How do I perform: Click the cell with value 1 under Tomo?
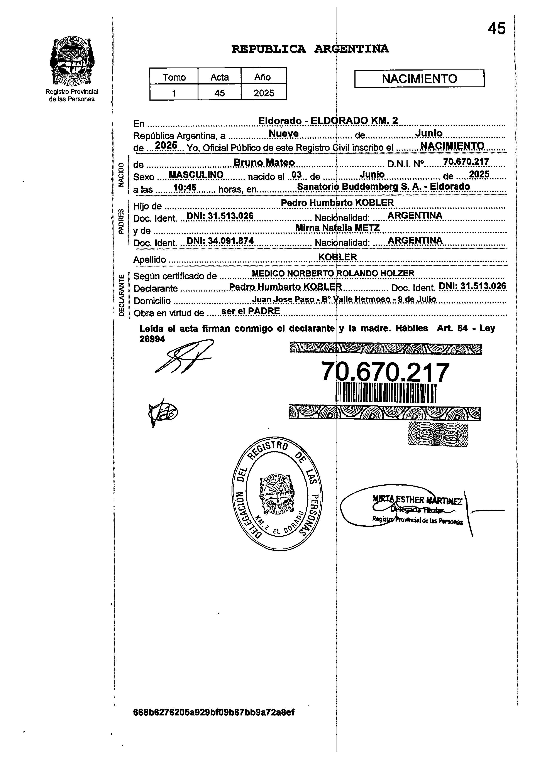click(174, 93)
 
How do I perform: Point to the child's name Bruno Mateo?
click(264, 162)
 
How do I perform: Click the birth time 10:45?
click(185, 187)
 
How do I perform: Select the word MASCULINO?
click(196, 175)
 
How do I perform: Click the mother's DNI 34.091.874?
click(220, 241)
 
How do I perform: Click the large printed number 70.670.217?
click(385, 372)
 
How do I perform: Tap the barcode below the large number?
click(386, 393)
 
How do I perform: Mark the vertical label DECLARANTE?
click(121, 295)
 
